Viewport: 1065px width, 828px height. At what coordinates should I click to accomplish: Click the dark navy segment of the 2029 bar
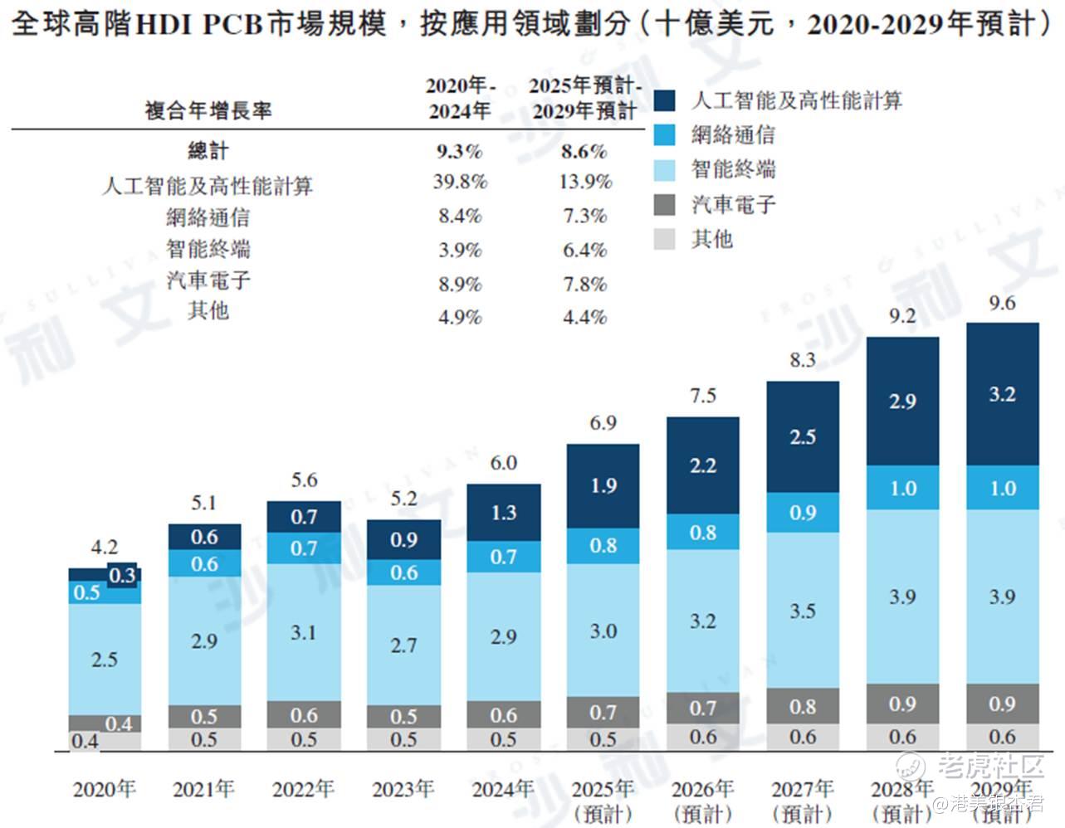(x=1002, y=394)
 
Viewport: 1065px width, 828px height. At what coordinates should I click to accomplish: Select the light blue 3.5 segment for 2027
(x=803, y=611)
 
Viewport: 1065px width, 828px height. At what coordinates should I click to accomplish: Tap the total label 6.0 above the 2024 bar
(x=504, y=463)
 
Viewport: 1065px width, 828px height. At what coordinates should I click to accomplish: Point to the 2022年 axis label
(x=304, y=789)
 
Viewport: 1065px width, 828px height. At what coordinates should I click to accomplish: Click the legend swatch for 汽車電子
(x=665, y=205)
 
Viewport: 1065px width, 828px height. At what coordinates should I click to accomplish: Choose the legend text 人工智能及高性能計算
(x=796, y=101)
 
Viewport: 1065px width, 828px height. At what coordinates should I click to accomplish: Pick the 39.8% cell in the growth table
(x=460, y=182)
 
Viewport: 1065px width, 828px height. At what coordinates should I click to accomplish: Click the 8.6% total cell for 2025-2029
(x=584, y=151)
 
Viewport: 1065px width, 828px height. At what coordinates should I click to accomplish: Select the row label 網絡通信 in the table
(x=208, y=217)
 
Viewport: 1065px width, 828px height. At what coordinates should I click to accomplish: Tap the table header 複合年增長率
(x=208, y=110)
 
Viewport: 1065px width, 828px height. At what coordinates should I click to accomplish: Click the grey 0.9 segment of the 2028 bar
(x=902, y=704)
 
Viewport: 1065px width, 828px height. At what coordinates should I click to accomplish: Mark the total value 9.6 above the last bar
(x=1002, y=304)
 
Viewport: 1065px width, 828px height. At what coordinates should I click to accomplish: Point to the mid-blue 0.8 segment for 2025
(x=603, y=545)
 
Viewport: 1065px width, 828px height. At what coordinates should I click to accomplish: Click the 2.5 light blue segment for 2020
(x=105, y=660)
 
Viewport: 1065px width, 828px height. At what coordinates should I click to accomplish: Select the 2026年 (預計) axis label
(x=703, y=801)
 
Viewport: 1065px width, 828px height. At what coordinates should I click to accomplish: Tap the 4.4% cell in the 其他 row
(x=584, y=317)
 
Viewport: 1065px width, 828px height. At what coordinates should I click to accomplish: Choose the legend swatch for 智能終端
(x=665, y=170)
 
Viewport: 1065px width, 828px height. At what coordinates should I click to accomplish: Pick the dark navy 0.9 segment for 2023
(x=403, y=539)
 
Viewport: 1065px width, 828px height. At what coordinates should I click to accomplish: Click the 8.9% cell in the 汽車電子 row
(x=460, y=284)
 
